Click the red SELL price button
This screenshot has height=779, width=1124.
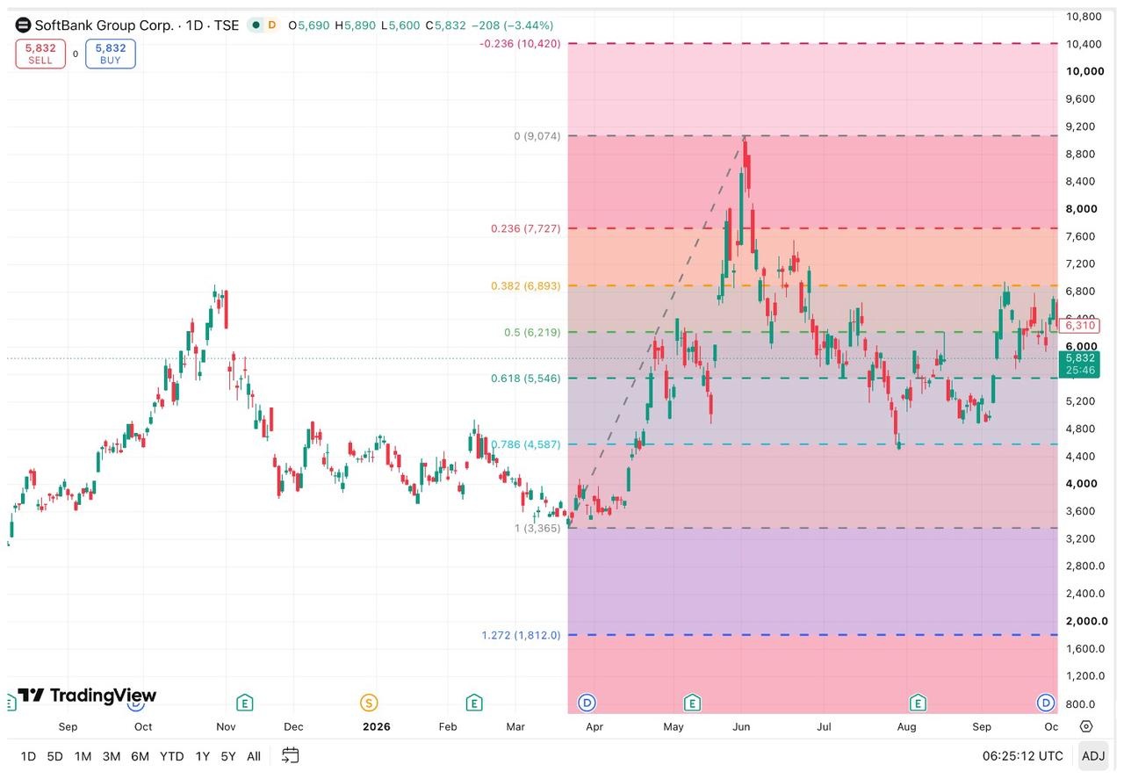[x=40, y=54]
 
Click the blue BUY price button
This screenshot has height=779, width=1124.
[x=111, y=54]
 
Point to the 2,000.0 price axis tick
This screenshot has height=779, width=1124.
[x=1086, y=621]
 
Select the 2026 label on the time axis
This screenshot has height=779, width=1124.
[x=377, y=726]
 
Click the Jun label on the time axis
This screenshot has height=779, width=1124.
[x=741, y=726]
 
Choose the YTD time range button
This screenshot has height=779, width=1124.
[x=171, y=756]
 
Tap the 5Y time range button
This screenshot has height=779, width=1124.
[x=228, y=756]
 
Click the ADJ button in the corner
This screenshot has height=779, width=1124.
[x=1093, y=756]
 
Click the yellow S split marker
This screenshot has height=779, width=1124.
[x=369, y=703]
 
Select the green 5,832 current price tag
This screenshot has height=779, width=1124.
[x=1079, y=364]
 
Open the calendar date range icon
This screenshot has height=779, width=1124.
[x=291, y=755]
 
